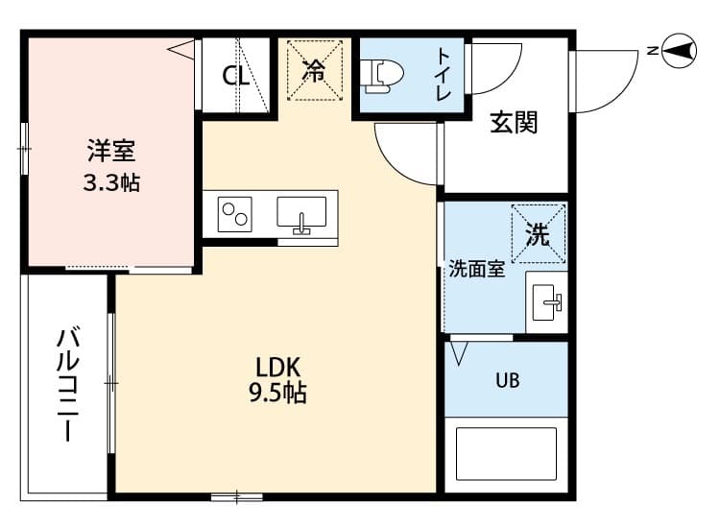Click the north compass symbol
680,50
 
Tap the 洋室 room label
111,151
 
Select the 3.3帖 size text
111,182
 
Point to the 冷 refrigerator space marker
314,69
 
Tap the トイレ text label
445,74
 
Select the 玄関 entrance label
514,122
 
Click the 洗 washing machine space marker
538,232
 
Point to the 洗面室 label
477,270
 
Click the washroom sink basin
548,304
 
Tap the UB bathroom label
507,380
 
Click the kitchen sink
301,213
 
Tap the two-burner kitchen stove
235,213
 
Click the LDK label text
278,367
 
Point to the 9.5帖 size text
278,393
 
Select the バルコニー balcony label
67,384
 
